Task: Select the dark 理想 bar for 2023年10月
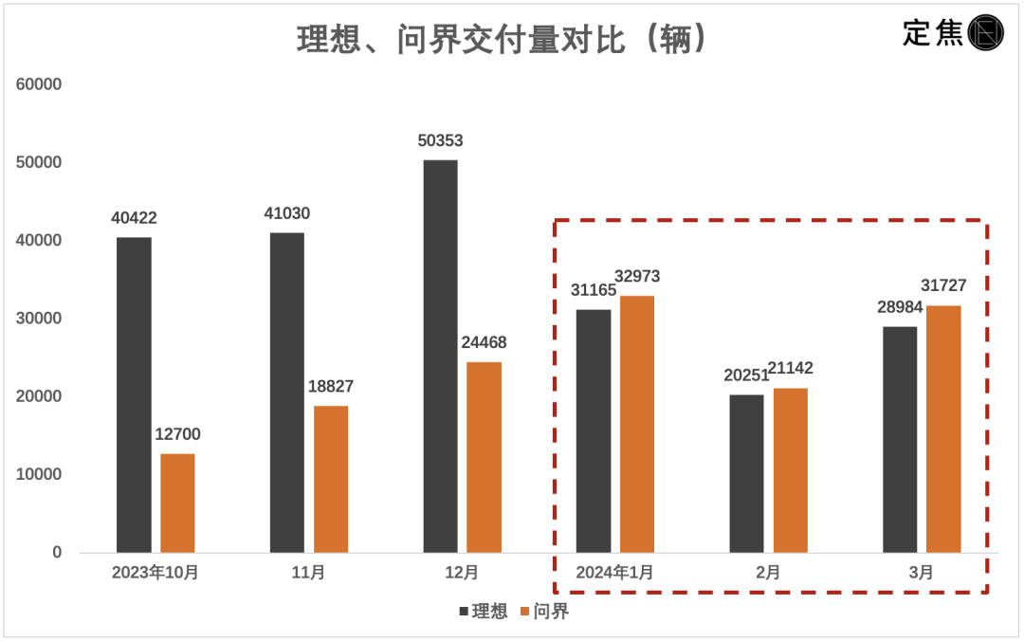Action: point(134,394)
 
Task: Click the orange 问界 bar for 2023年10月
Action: point(177,503)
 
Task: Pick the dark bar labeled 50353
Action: point(440,356)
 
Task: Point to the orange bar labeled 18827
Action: point(331,479)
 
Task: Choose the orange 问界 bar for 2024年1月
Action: point(637,424)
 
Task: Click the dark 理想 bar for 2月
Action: point(746,473)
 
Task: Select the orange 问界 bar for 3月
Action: point(943,429)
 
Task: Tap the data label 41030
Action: point(286,214)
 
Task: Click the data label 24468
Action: point(484,342)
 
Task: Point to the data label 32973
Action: point(637,277)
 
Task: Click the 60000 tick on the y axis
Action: point(39,84)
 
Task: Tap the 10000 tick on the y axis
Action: point(39,474)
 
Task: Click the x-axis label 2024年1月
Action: point(614,573)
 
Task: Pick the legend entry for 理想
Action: point(484,612)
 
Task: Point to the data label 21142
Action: point(790,369)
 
